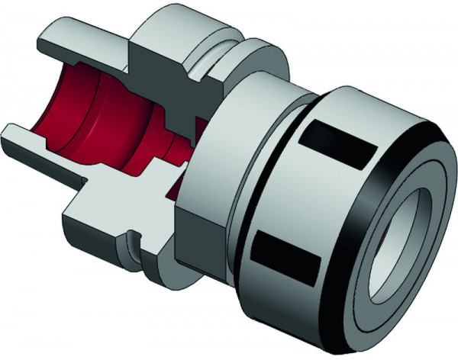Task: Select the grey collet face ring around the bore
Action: tap(374, 229)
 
